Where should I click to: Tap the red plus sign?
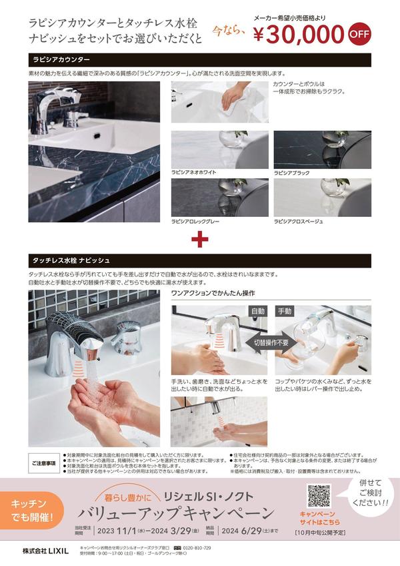199,238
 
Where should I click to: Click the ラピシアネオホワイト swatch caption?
194,172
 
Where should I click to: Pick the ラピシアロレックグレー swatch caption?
197,221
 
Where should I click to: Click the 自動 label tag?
257,310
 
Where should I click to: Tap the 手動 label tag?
285,310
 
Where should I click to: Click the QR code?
319,497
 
